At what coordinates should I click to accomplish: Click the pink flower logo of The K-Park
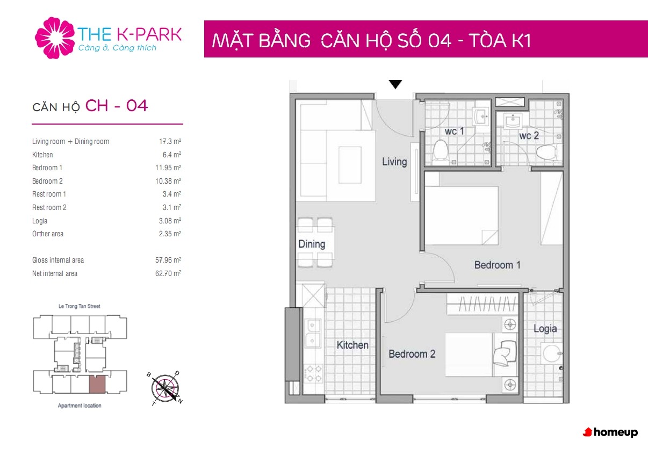(x=55, y=38)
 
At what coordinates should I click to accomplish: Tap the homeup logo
(x=610, y=432)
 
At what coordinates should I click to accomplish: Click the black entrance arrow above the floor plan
(x=395, y=84)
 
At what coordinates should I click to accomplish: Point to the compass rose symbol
(x=165, y=388)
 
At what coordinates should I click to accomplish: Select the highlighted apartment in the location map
(x=97, y=385)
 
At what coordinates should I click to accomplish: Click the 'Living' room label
(x=394, y=162)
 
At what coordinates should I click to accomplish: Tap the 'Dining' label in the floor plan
(x=312, y=244)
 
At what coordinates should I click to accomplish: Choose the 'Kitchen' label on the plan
(x=352, y=345)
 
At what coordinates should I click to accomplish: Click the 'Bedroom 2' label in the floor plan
(x=412, y=354)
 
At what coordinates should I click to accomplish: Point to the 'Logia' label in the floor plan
(x=545, y=329)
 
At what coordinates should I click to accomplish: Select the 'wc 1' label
(x=454, y=131)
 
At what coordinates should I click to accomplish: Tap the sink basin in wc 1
(x=480, y=116)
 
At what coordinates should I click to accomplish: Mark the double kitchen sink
(x=312, y=334)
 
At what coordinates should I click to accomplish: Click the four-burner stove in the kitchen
(x=314, y=373)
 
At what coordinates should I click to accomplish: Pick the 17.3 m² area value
(x=170, y=141)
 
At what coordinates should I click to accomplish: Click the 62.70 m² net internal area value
(x=168, y=273)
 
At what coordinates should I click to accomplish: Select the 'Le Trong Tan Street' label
(x=80, y=306)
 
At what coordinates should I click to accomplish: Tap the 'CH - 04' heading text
(x=116, y=105)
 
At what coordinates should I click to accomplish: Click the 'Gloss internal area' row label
(x=58, y=260)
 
